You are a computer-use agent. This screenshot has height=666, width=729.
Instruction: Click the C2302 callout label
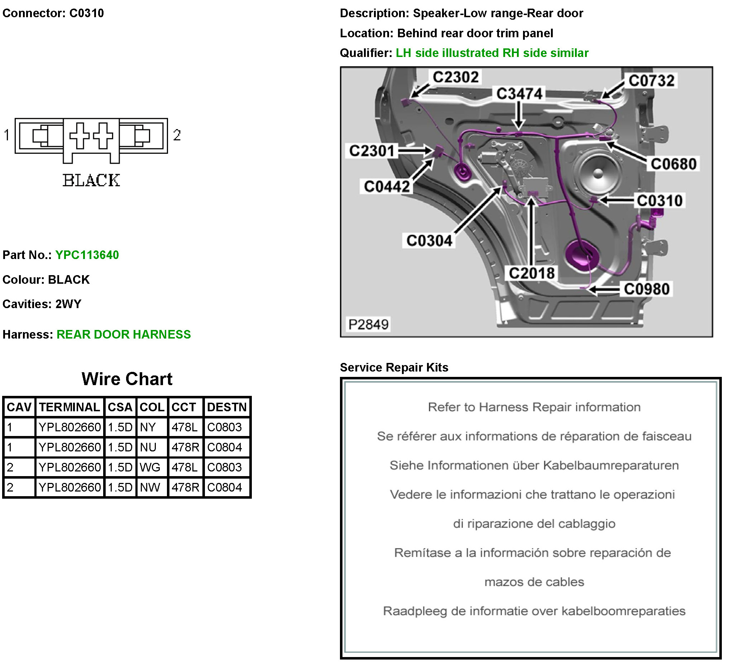pos(455,77)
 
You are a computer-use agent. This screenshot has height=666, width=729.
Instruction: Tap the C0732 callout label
pos(651,81)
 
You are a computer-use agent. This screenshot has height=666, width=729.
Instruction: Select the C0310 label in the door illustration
pos(659,201)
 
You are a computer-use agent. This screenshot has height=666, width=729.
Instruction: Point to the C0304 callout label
pos(429,240)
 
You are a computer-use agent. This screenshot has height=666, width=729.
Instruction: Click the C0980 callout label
pos(647,289)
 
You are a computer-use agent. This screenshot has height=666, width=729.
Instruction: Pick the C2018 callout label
pos(532,273)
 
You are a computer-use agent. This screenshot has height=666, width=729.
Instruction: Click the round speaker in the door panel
pos(598,173)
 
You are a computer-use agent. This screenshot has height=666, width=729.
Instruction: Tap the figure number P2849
pos(368,324)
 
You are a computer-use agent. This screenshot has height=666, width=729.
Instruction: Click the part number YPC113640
pos(87,255)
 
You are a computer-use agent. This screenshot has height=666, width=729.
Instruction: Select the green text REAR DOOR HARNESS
pos(124,335)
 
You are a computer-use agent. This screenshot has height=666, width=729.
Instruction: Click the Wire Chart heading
pos(127,379)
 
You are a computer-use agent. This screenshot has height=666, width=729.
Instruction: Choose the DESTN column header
pos(227,407)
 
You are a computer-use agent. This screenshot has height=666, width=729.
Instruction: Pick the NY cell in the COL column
pos(148,427)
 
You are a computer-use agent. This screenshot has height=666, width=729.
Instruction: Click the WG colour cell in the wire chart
pos(150,467)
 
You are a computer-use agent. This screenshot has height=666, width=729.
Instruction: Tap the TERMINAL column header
pos(69,407)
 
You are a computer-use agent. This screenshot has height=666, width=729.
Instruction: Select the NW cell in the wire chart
pos(150,487)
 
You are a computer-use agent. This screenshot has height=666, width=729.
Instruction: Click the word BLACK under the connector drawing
pos(91,181)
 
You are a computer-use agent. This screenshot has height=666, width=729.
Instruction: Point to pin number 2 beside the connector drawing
pos(177,135)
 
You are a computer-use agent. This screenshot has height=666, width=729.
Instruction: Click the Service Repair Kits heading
pos(394,367)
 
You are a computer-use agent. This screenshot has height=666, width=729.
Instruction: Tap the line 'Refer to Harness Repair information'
pos(534,407)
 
